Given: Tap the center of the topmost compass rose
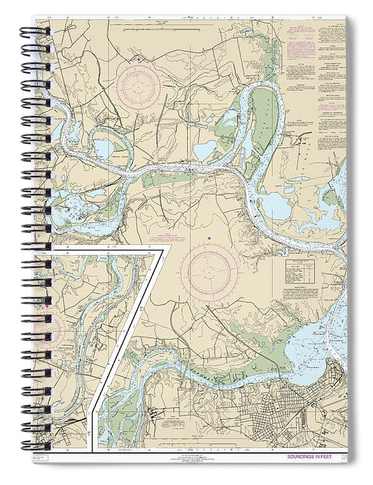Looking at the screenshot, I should [139, 86].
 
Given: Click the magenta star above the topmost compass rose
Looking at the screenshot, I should [139, 59].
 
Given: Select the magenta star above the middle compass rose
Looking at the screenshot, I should [209, 238].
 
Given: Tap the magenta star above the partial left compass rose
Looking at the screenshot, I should [47, 306].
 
